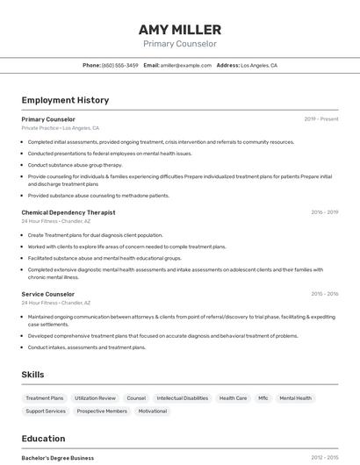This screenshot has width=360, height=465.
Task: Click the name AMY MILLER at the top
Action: (x=179, y=30)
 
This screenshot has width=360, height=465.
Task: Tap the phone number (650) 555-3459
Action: (x=119, y=65)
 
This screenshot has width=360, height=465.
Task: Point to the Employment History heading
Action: (x=65, y=100)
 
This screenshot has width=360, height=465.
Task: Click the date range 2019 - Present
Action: (x=320, y=119)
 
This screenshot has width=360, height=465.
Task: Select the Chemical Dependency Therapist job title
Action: (x=68, y=212)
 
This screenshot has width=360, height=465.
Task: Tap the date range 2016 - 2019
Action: (x=324, y=212)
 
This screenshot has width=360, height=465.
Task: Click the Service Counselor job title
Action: (x=48, y=294)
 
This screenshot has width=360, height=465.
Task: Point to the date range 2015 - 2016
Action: (x=324, y=294)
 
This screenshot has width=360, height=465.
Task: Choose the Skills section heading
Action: (x=32, y=375)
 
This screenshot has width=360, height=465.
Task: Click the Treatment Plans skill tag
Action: (x=45, y=398)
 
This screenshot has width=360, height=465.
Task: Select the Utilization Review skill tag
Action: (x=95, y=398)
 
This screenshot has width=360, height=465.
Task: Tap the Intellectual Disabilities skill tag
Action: (x=182, y=398)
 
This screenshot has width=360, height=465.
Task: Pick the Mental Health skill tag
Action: (x=295, y=398)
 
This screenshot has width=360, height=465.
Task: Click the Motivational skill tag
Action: (x=152, y=411)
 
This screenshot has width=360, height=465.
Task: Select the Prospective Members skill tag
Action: (x=102, y=411)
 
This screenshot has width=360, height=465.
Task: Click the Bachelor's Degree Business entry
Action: (x=58, y=457)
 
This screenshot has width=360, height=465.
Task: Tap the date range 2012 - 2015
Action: (x=324, y=457)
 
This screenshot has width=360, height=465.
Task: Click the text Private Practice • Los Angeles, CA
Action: (x=60, y=128)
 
